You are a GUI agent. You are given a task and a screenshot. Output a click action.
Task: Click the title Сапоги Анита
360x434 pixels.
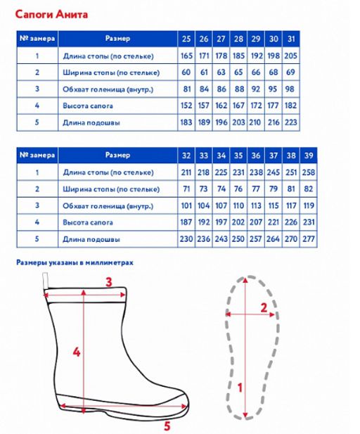51,14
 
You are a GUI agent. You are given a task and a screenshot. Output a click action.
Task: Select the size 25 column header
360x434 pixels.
186,39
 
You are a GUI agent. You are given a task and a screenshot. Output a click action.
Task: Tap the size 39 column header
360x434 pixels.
309,155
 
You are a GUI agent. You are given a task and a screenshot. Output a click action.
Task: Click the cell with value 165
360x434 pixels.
186,56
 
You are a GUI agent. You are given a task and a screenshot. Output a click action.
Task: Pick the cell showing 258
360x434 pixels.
309,172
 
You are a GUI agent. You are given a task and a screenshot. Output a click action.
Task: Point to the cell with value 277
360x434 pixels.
309,239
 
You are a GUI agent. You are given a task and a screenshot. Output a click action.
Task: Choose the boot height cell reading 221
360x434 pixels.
274,222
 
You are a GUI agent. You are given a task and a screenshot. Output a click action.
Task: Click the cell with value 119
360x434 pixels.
309,205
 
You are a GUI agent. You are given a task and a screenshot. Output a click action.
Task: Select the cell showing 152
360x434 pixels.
186,106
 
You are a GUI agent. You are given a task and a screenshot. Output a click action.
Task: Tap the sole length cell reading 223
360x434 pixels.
291,122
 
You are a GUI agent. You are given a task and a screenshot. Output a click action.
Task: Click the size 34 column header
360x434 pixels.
221,155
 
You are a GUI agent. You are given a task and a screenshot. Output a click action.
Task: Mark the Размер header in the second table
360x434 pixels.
117,155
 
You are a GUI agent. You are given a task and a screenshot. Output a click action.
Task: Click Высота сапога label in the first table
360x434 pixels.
88,106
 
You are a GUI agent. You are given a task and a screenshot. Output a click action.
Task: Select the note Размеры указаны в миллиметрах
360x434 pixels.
75,262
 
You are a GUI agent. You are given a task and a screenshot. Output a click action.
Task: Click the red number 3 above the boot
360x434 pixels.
109,282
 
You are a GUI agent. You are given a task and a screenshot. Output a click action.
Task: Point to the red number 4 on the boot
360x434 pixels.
77,352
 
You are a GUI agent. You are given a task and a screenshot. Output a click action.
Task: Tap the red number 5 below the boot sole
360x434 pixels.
167,426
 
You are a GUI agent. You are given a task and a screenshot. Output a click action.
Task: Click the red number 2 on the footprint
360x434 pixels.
264,308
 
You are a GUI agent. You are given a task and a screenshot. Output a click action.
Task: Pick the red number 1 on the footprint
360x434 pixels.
240,388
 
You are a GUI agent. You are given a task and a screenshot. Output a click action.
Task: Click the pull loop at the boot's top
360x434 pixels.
45,281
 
